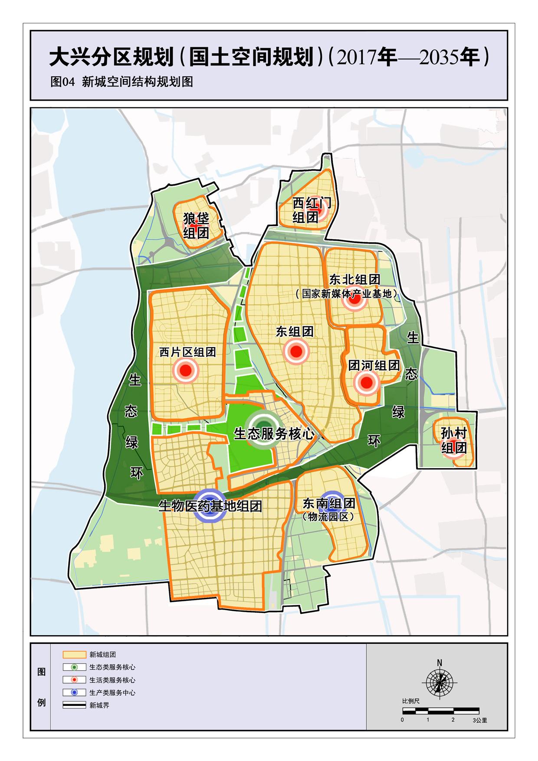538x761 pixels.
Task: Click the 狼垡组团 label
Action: click(196, 226)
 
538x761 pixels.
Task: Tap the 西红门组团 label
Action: click(312, 210)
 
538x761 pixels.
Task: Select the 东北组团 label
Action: click(354, 279)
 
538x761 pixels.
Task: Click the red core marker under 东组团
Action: click(296, 351)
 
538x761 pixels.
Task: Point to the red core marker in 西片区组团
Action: click(185, 371)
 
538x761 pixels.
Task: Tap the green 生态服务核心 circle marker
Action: click(263, 423)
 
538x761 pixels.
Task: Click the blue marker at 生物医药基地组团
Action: click(210, 506)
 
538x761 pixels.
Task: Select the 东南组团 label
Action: click(329, 503)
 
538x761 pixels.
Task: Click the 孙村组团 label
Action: click(454, 440)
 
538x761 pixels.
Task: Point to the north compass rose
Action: click(440, 683)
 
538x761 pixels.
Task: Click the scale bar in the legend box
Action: click(441, 711)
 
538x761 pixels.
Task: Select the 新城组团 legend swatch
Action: click(74, 655)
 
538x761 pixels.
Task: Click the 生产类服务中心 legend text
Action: click(112, 693)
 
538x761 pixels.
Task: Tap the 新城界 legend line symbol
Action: click(74, 705)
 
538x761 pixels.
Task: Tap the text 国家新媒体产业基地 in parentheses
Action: click(346, 294)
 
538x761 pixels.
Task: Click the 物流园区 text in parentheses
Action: click(328, 517)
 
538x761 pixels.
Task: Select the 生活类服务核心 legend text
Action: click(112, 680)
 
